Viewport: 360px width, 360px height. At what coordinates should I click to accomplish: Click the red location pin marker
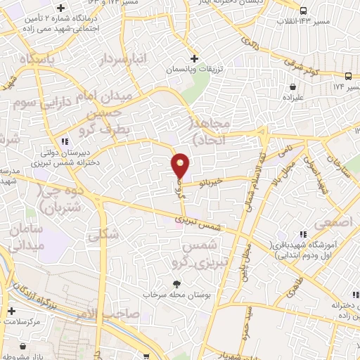pyautogui.click(x=181, y=165)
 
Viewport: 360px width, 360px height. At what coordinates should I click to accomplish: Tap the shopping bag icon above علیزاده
pyautogui.click(x=292, y=86)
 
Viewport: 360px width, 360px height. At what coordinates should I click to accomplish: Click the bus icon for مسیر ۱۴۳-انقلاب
pyautogui.click(x=303, y=11)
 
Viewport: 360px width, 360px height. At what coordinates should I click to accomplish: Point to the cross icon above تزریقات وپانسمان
pyautogui.click(x=194, y=58)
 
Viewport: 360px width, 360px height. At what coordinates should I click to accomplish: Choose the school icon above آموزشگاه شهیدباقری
pyautogui.click(x=303, y=234)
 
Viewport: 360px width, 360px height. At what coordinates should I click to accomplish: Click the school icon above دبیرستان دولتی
pyautogui.click(x=65, y=141)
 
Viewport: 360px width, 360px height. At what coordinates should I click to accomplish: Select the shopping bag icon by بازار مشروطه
pyautogui.click(x=25, y=346)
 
